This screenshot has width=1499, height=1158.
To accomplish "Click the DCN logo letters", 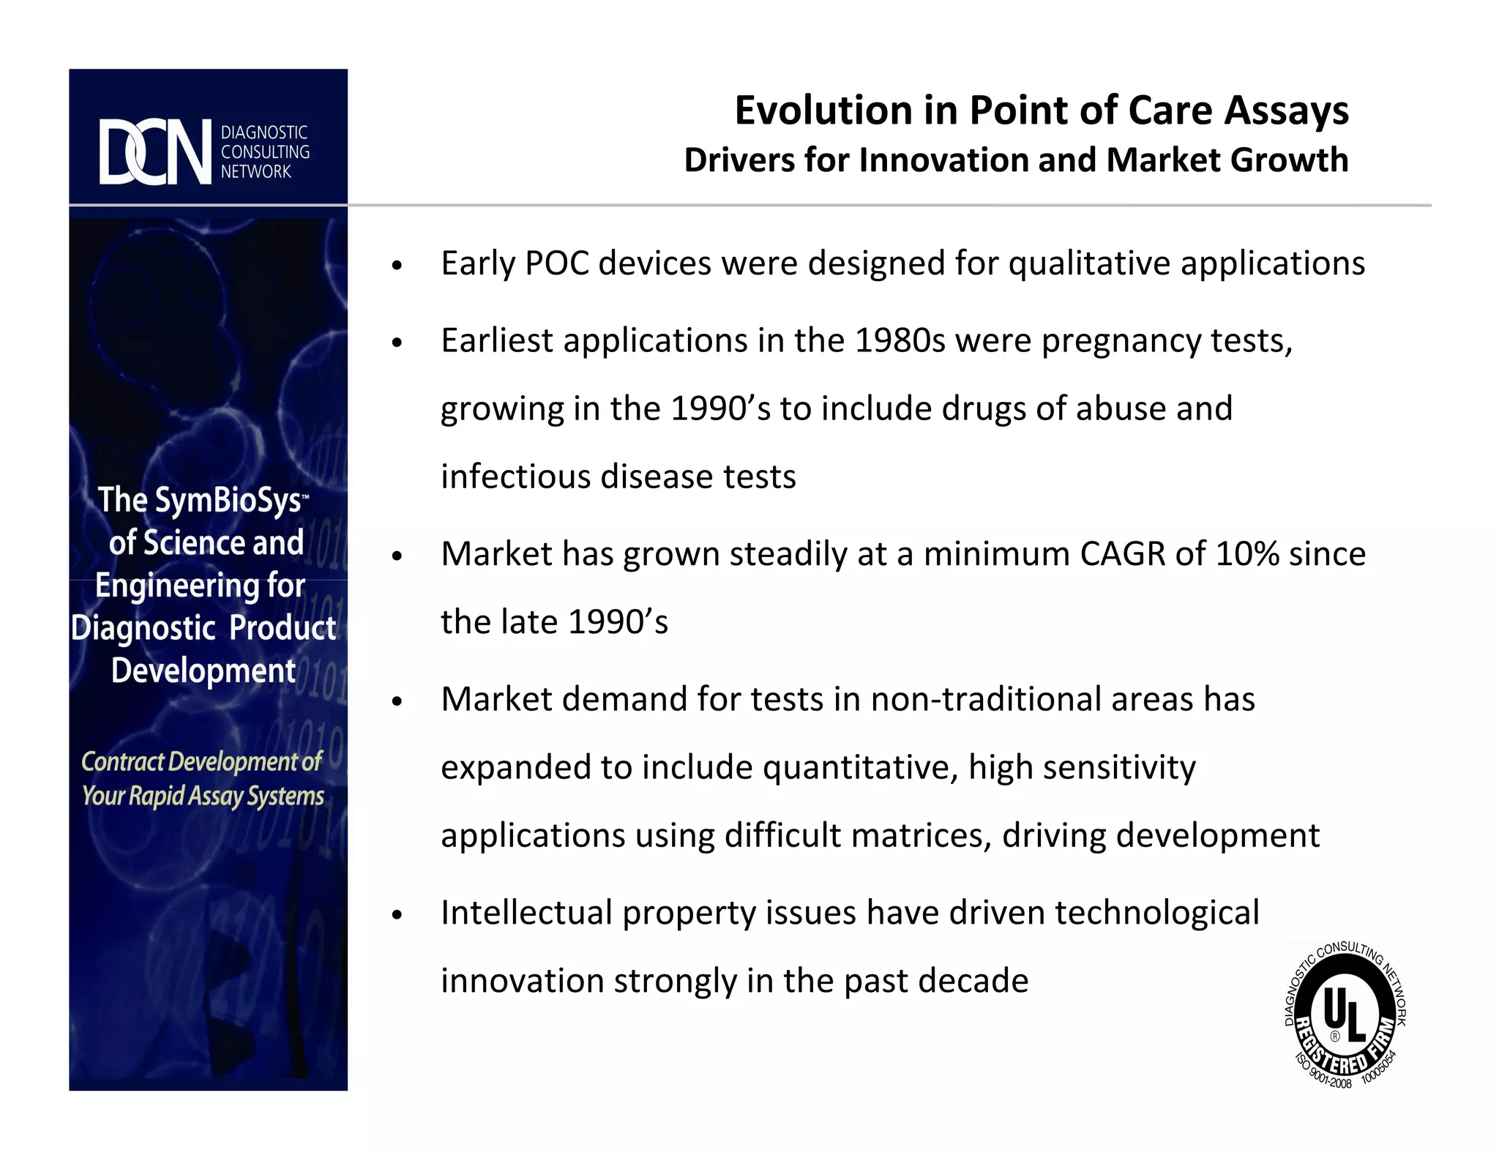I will [x=155, y=152].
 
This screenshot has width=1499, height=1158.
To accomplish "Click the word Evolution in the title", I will [x=823, y=111].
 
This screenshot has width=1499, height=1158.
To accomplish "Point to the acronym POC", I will [x=557, y=264].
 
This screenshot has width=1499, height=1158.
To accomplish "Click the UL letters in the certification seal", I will [x=1345, y=1015].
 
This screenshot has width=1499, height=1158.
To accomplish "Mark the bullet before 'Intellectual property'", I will [x=397, y=915].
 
